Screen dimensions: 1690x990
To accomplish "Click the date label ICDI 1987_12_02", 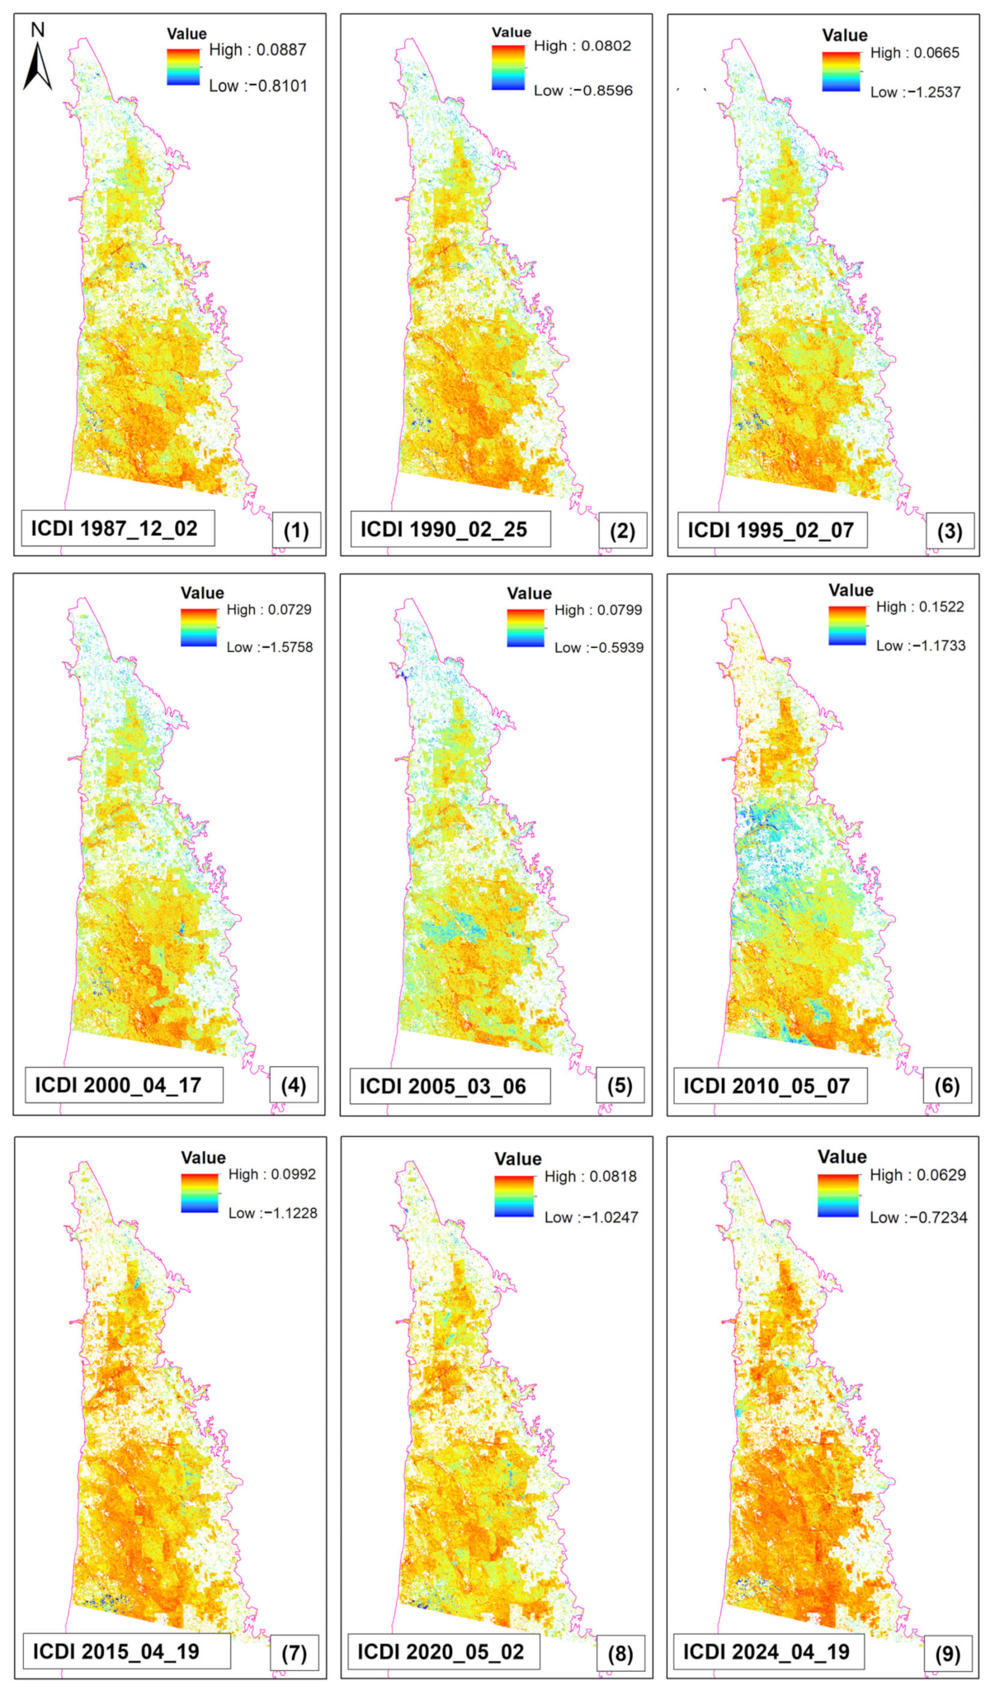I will (x=115, y=529).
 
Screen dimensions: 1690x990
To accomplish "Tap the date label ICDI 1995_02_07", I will (x=771, y=530).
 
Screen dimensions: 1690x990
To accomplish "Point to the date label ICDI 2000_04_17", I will (x=118, y=1085).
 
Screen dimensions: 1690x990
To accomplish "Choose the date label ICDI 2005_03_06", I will (x=443, y=1086).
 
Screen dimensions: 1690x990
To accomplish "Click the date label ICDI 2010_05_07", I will (x=766, y=1086).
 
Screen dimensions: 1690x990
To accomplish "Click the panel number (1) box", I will (x=296, y=531).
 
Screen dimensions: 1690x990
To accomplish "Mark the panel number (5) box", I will (x=620, y=1086).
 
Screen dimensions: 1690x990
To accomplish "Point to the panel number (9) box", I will (x=948, y=1654).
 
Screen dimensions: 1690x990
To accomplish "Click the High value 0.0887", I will (x=281, y=50).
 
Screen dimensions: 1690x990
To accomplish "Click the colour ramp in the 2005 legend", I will (x=526, y=628).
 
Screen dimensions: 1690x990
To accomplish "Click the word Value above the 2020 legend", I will (x=517, y=1159).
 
